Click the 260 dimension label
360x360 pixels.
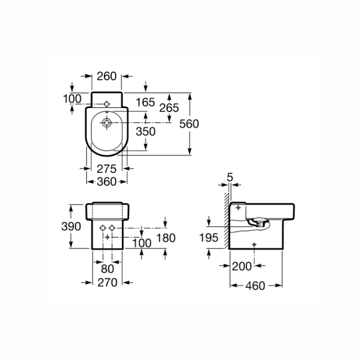click(107, 76)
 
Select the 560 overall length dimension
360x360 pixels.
click(189, 124)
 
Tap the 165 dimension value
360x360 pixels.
click(145, 102)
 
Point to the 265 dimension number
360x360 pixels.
click(169, 108)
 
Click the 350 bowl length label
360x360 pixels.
click(146, 131)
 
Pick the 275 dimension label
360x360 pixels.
click(107, 169)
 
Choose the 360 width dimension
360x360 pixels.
click(107, 182)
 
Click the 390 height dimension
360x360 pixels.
click(71, 226)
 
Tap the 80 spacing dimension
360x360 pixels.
click(107, 269)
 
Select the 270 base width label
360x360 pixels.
click(107, 283)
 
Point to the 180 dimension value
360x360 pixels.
click(166, 238)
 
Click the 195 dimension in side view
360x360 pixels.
click(208, 238)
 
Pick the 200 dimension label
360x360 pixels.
click(242, 266)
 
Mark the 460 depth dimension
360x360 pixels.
click(255, 286)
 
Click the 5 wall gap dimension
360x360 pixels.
click(230, 177)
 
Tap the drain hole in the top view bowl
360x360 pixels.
click(107, 122)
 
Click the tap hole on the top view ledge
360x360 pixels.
click(107, 104)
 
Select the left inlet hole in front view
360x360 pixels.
click(103, 228)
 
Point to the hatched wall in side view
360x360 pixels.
click(227, 221)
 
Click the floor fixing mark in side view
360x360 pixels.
click(254, 245)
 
